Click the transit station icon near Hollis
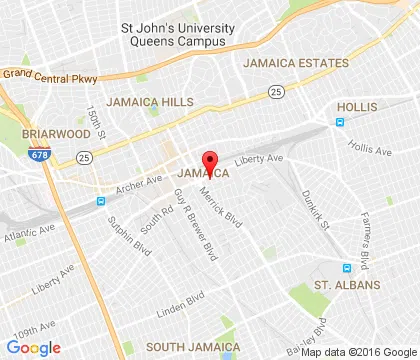point(340,122)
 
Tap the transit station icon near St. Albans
point(347,267)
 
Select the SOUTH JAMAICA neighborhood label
point(186,346)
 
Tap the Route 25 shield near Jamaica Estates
point(275,91)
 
